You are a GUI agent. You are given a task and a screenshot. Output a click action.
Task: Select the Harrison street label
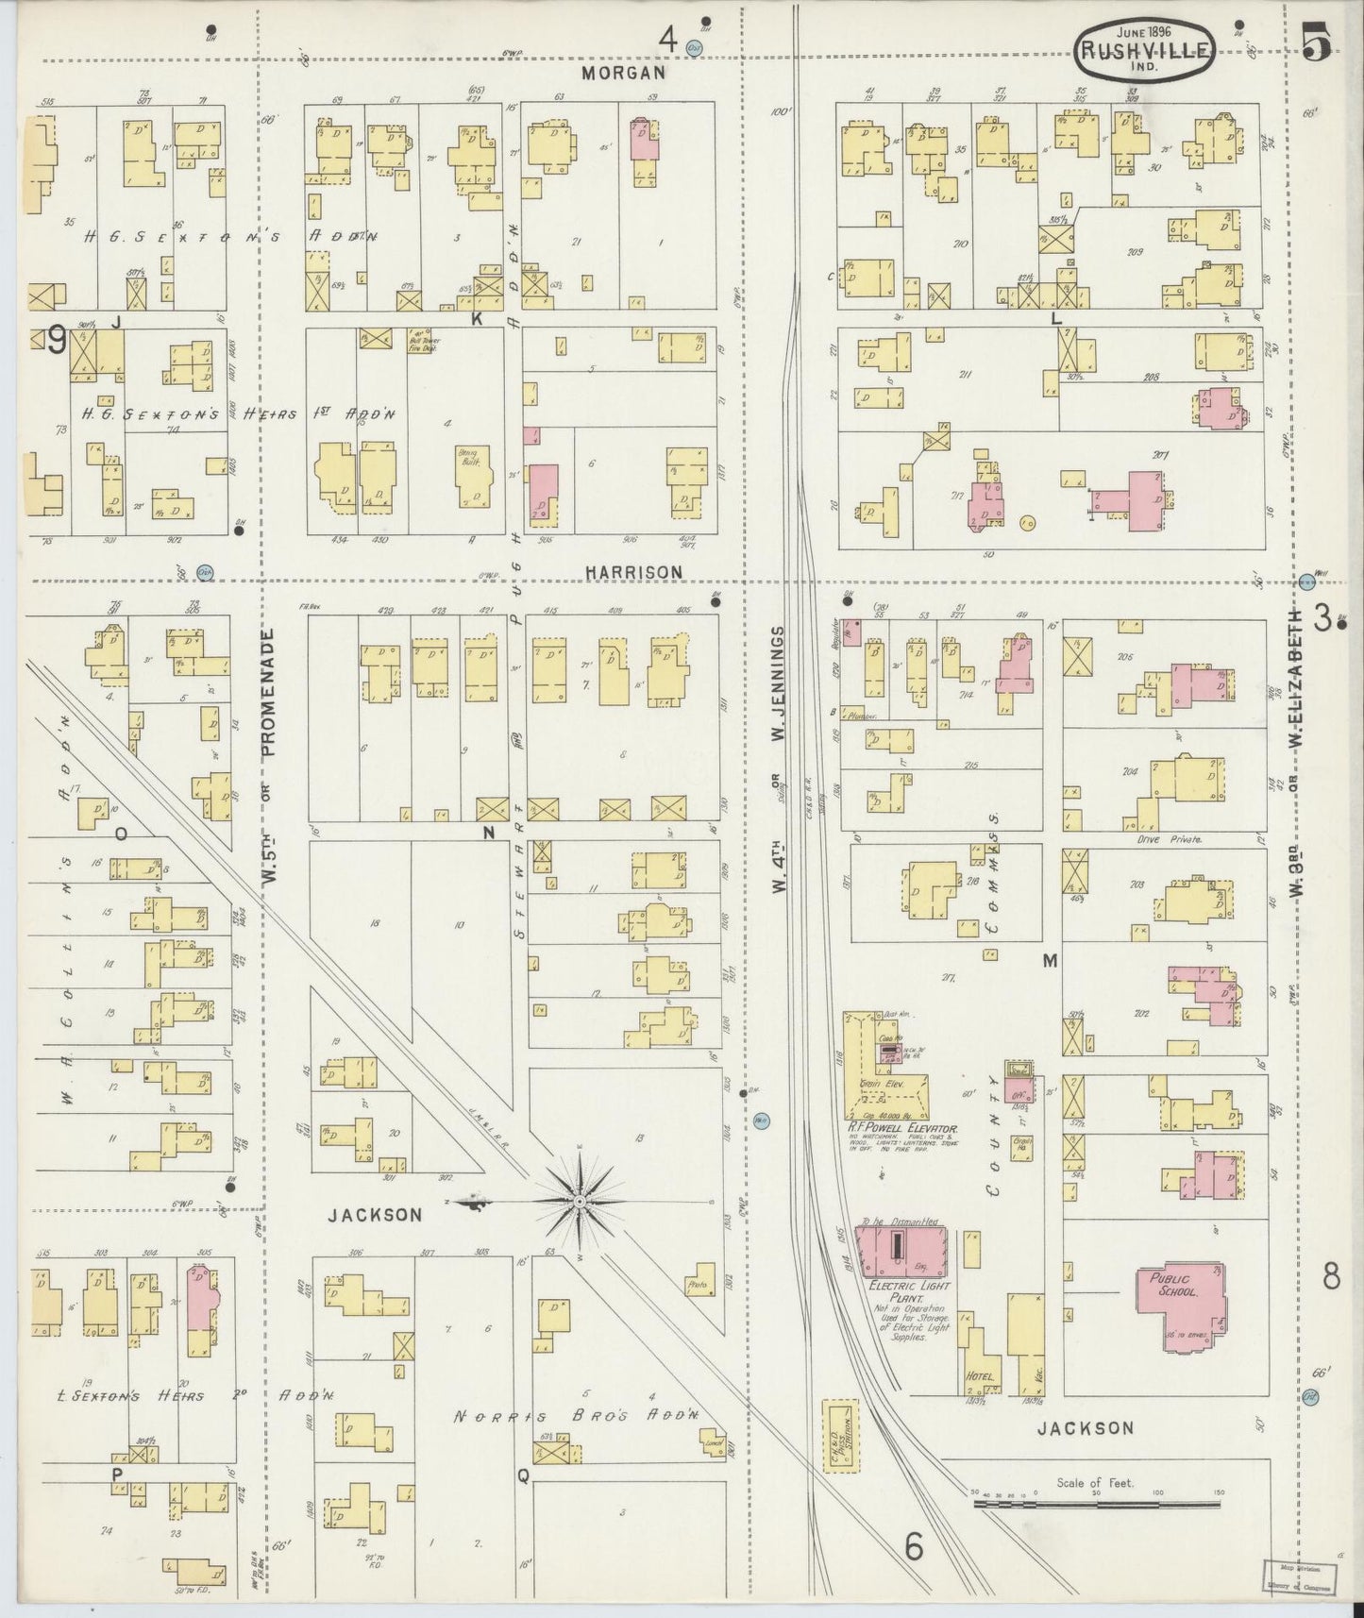[x=632, y=572]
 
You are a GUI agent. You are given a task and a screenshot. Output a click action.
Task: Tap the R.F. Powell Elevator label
[x=901, y=1127]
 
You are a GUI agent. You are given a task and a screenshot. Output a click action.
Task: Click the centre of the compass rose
[x=578, y=1201]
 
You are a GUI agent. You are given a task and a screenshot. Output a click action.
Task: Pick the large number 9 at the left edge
[x=57, y=341]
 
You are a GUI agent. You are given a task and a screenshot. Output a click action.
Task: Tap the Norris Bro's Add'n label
[x=576, y=1416]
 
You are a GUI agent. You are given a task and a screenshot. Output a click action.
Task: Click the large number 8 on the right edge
[x=1330, y=1276]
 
